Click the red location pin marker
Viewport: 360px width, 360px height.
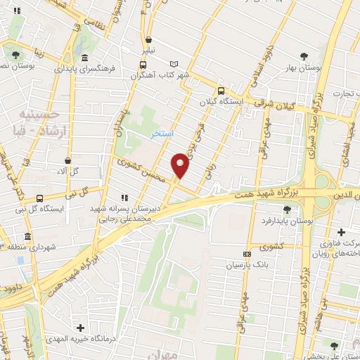click(181, 165)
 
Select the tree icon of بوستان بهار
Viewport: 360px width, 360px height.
click(304, 56)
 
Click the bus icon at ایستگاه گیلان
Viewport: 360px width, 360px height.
click(221, 91)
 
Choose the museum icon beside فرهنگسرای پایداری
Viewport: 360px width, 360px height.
click(84, 58)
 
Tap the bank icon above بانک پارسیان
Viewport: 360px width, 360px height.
click(246, 254)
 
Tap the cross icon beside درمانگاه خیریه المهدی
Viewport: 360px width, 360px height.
click(81, 328)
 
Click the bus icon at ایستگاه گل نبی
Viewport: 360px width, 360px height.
click(40, 198)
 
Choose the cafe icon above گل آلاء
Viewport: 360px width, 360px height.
click(67, 160)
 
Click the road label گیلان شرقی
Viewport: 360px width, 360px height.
click(283, 102)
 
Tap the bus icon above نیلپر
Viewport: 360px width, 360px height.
click(149, 39)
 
